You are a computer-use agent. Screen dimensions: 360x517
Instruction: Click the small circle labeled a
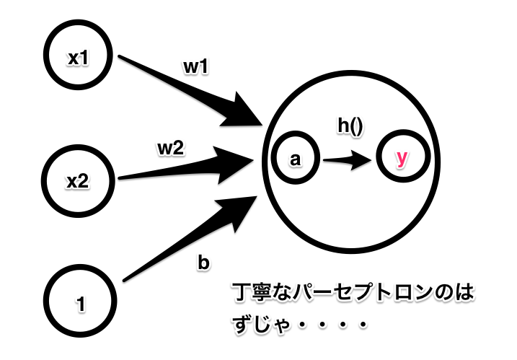pyautogui.click(x=293, y=160)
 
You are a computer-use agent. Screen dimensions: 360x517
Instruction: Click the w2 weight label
pyautogui.click(x=171, y=149)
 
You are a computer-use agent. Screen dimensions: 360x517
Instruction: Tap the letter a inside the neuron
pyautogui.click(x=293, y=161)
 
